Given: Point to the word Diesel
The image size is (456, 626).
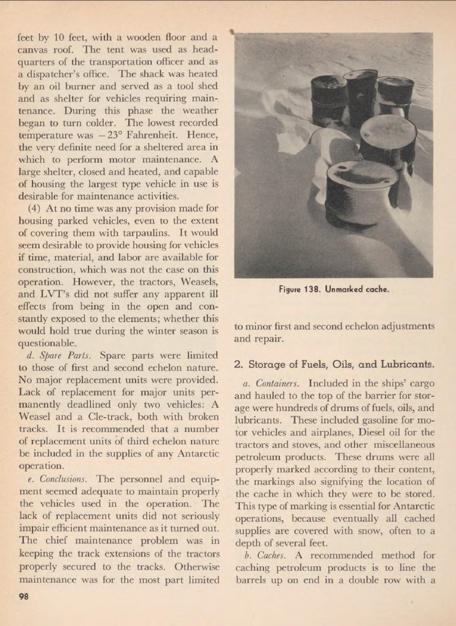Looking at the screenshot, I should (362, 433).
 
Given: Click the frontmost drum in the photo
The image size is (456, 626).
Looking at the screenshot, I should (361, 191).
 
